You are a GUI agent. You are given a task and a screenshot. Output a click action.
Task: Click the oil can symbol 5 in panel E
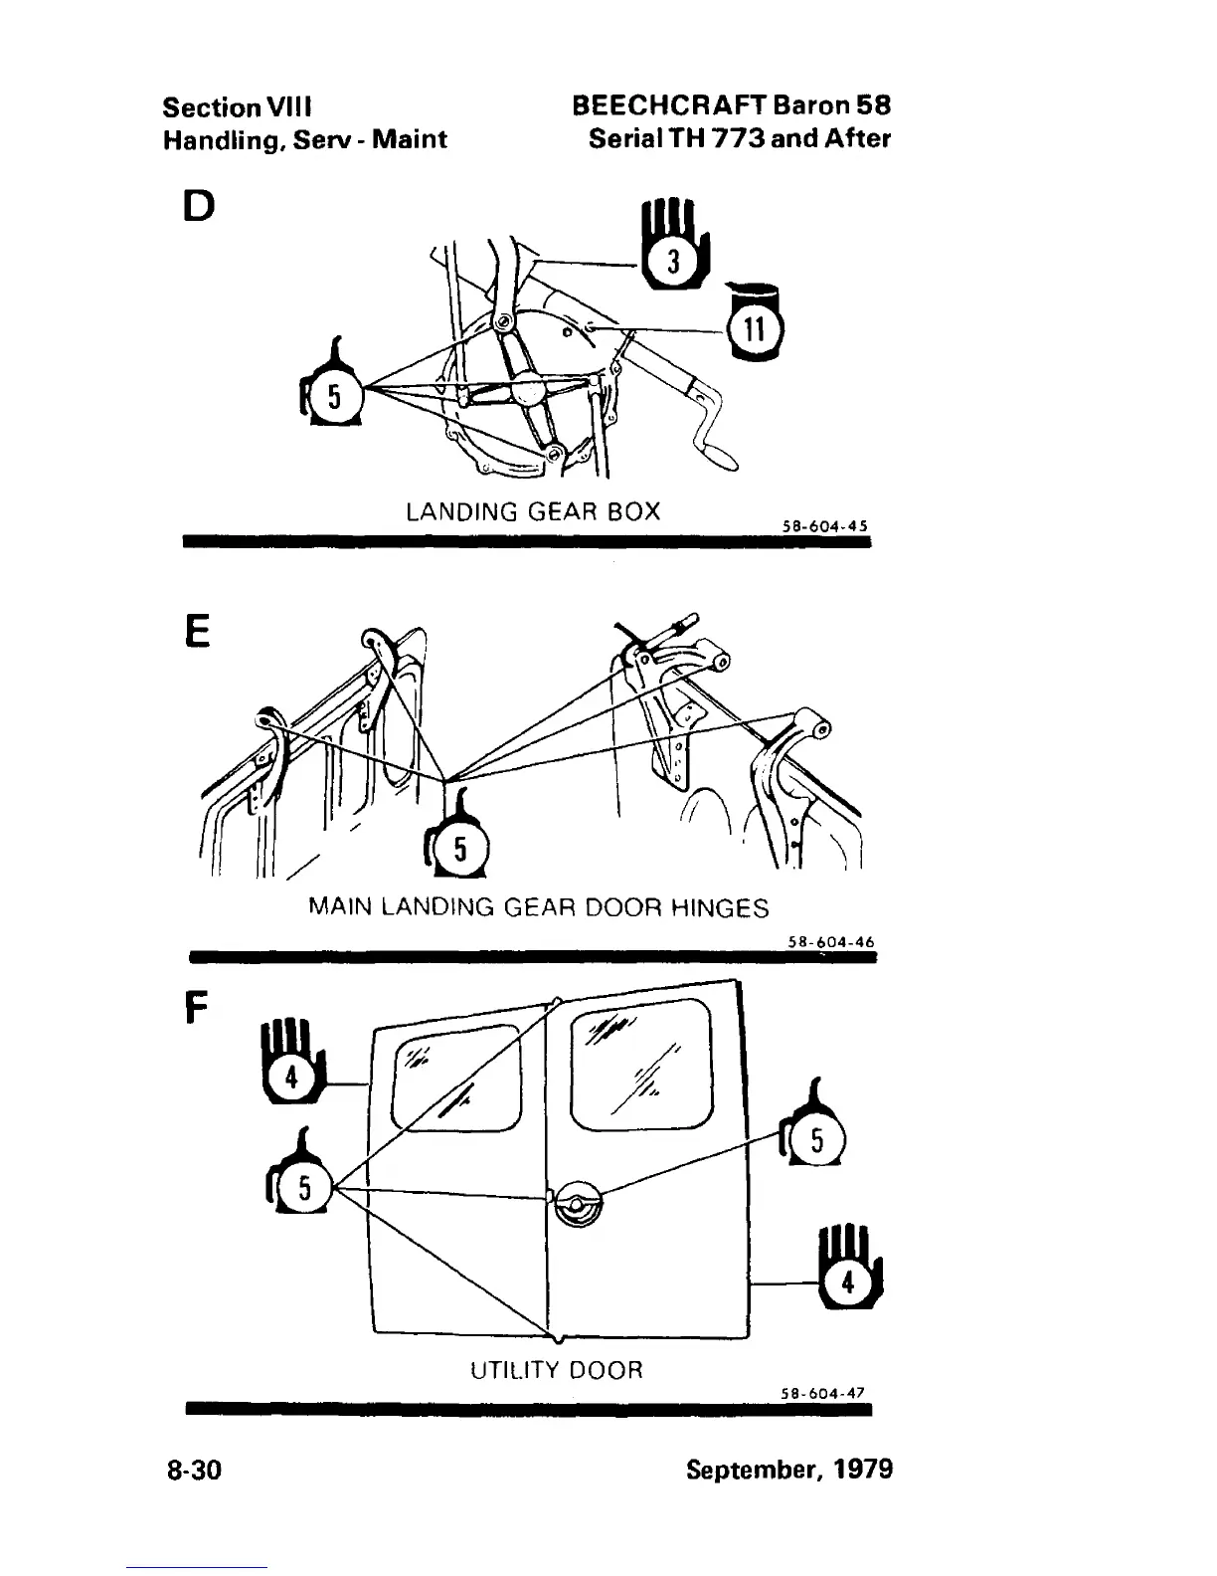(x=456, y=845)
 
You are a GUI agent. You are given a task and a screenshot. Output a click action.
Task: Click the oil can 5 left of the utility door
(x=301, y=1180)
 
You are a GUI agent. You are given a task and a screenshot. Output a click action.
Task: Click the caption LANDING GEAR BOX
(x=533, y=511)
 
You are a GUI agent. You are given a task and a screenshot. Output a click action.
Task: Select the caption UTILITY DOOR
(x=556, y=1370)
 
